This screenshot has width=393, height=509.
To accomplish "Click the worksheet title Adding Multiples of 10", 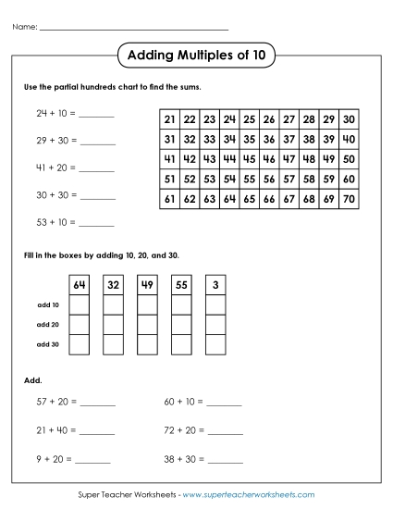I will point(195,56).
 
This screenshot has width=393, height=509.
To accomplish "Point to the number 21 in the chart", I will point(169,119).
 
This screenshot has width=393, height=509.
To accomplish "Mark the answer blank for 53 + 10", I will point(97,225).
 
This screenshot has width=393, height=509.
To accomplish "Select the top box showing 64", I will point(80,285).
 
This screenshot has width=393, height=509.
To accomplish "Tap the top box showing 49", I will point(147,285).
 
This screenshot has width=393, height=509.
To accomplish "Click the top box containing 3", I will point(215,285).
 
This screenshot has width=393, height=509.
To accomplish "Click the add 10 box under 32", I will point(113,304).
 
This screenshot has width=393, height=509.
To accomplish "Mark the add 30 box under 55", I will point(180,344).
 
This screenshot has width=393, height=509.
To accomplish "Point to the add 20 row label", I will point(47,325).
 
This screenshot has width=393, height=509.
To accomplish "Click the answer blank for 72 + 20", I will point(225,432).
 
